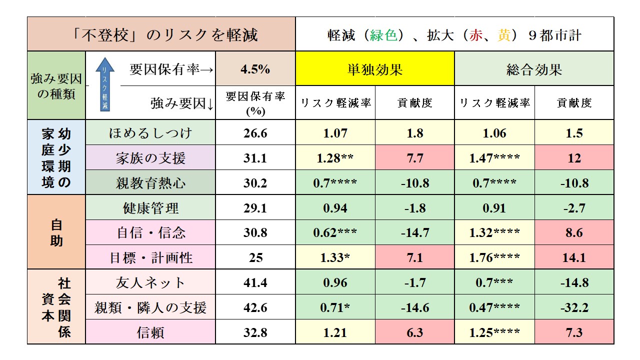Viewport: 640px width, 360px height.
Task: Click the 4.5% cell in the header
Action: point(255,69)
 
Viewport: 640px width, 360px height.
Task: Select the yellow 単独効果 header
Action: point(375,69)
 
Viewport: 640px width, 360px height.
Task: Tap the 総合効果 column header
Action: point(534,69)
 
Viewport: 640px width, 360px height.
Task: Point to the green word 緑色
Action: point(383,35)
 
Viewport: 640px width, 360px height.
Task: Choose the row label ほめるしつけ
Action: point(150,133)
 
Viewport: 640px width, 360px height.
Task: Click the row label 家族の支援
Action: point(150,158)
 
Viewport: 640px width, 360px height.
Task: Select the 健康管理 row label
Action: point(150,208)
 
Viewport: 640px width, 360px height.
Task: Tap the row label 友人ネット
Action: point(150,283)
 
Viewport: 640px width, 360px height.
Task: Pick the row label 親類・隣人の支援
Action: point(150,307)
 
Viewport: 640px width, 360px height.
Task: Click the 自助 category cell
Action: point(56,232)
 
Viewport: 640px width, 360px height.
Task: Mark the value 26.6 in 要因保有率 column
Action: point(255,133)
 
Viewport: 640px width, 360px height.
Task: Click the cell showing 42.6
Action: point(255,307)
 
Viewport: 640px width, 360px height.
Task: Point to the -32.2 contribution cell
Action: point(574,307)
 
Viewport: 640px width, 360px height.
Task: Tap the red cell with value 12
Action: point(574,158)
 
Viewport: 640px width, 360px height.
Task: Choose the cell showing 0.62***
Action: point(335,232)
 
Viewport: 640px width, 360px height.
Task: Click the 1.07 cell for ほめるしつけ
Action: point(335,133)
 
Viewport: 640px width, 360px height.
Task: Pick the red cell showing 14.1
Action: point(574,258)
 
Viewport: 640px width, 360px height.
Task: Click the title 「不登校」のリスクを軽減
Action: point(161,34)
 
